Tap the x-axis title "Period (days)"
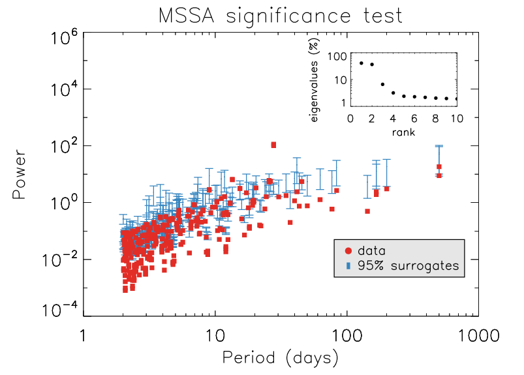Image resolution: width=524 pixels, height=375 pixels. (x=280, y=357)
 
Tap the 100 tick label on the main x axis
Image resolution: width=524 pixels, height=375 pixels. (x=346, y=335)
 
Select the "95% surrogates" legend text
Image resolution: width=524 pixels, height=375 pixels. (x=408, y=265)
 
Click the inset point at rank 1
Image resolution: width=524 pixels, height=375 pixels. (x=361, y=63)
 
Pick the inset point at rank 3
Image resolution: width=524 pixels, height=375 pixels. (x=382, y=84)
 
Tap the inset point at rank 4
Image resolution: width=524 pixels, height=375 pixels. (x=393, y=93)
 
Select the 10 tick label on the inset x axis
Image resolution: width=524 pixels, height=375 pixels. (x=456, y=119)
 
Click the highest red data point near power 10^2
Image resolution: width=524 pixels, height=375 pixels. (x=273, y=145)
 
